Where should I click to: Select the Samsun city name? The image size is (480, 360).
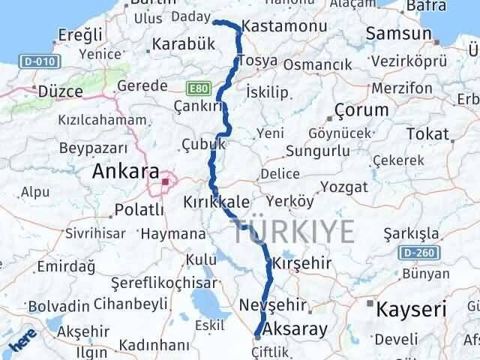[400, 34]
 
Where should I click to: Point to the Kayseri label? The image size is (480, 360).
[412, 307]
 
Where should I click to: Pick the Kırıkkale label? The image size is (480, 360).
[217, 203]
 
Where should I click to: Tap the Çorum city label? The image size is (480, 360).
[362, 109]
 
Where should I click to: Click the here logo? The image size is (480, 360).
[21, 343]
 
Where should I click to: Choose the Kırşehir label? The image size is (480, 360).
[301, 264]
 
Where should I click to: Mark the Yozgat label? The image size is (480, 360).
[343, 187]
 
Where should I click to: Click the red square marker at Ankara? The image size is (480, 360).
[165, 181]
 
